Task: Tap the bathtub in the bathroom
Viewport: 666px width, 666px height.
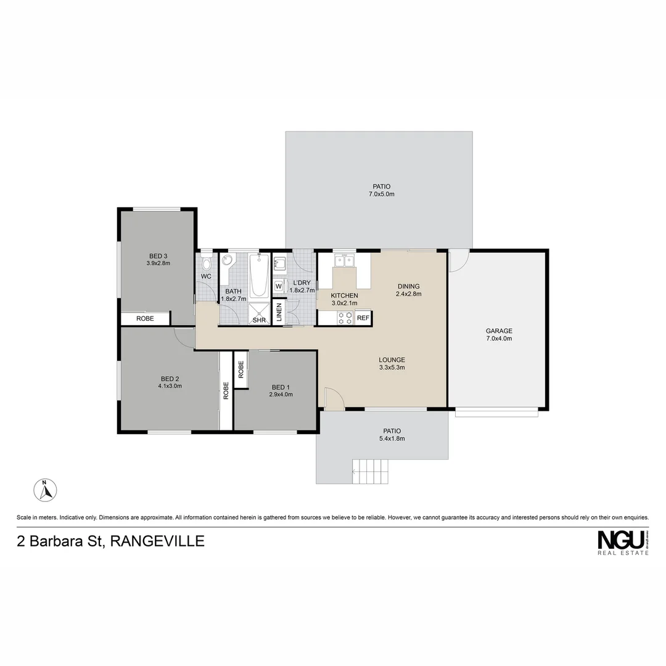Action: coord(259,277)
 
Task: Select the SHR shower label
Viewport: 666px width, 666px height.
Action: coord(259,320)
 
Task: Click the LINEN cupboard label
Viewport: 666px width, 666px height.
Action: coord(279,313)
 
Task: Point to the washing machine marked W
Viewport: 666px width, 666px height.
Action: coord(279,287)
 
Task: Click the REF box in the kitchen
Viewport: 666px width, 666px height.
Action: coord(363,318)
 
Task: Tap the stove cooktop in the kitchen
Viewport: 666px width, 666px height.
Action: coord(345,318)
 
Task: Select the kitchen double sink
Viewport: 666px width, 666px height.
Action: coord(344,261)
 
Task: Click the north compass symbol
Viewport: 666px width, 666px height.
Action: coord(45,491)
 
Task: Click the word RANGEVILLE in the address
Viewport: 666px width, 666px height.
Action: coord(157,542)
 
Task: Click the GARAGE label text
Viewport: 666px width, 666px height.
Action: coord(499,331)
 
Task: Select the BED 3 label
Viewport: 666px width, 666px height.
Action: coord(158,256)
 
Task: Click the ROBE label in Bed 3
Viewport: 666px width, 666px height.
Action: coord(145,319)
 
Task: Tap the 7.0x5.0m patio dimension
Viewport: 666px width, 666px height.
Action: coord(381,194)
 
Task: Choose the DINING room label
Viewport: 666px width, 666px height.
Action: coord(408,286)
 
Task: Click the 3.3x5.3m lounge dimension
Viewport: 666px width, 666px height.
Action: coord(392,368)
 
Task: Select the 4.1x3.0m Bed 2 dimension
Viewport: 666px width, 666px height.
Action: coord(170,386)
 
